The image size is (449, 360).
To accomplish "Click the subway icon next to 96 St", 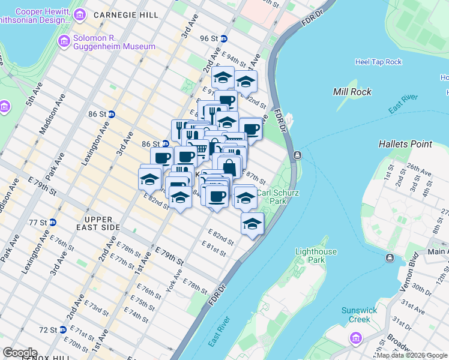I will coord(224,38).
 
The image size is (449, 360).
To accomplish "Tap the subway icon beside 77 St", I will coord(53,222).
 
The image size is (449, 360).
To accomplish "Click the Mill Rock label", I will coord(352,92).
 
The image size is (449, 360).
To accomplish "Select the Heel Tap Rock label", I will coord(378,62).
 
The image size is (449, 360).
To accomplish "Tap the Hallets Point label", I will coord(405,144).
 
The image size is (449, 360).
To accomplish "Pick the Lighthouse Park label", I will coord(317,256).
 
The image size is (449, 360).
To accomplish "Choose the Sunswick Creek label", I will coord(360,314).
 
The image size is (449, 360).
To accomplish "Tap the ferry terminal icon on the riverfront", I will coord(297,155).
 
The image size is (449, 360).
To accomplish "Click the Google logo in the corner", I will coord(20,353).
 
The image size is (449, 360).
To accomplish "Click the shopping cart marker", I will coord(199,148).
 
